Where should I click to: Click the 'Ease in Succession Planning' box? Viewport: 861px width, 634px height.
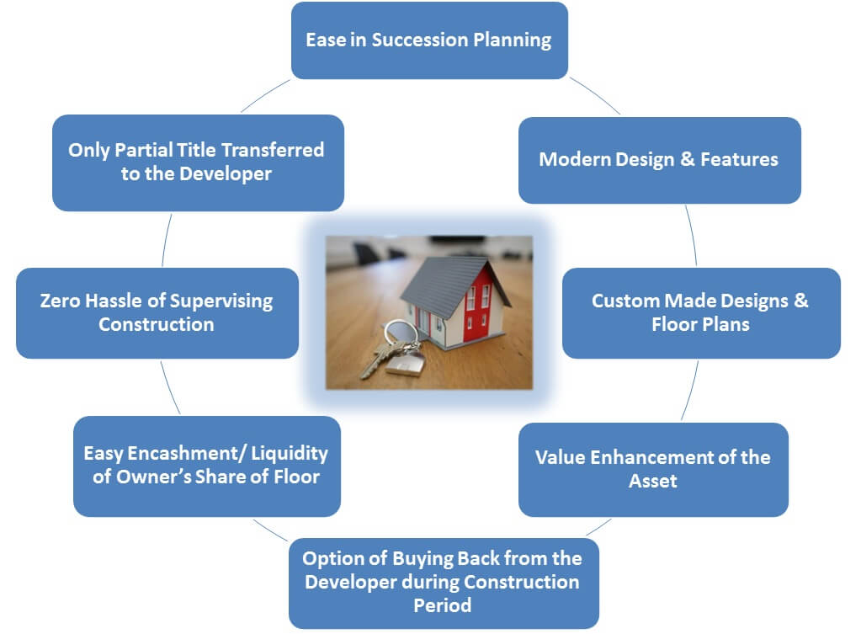(x=429, y=40)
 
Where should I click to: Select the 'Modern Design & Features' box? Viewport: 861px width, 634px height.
(x=660, y=160)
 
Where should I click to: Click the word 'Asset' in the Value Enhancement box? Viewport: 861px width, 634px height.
(x=653, y=481)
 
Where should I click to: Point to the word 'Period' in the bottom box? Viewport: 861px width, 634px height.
(x=442, y=605)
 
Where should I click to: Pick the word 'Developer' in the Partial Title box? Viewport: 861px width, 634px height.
(x=226, y=174)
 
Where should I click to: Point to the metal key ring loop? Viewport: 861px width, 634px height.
(x=401, y=334)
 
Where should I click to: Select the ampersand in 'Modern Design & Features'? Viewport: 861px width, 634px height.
(x=687, y=159)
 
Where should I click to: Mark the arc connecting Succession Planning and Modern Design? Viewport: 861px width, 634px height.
(x=595, y=94)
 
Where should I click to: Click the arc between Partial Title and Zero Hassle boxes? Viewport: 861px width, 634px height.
(x=167, y=240)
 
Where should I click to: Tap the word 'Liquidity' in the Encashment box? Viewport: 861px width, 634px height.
(x=290, y=454)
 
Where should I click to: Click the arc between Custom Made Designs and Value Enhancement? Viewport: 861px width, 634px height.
(x=691, y=391)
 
